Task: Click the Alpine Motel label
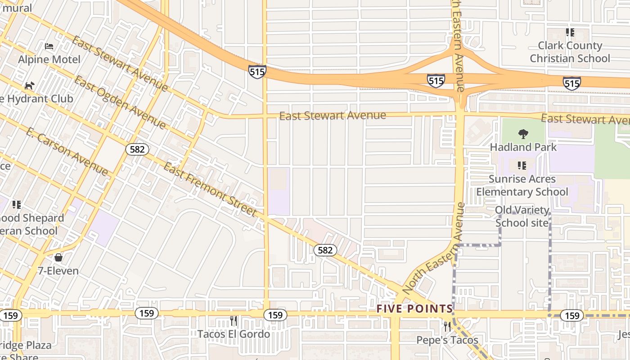click(x=49, y=59)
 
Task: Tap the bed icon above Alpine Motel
click(x=49, y=46)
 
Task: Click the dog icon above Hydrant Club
click(x=30, y=85)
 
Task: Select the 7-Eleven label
click(x=58, y=271)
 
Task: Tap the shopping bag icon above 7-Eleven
click(x=58, y=257)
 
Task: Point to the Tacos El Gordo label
click(x=234, y=334)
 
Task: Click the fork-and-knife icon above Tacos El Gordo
click(x=234, y=321)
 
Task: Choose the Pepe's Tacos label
click(x=447, y=340)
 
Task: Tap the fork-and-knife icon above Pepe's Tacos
click(x=447, y=326)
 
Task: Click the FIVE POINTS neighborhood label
click(x=414, y=309)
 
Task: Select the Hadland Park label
click(x=523, y=147)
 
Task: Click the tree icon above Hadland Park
click(x=523, y=134)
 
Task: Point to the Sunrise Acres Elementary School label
click(x=522, y=185)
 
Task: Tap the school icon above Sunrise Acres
click(x=522, y=166)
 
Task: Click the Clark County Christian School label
click(x=570, y=52)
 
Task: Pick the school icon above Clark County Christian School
click(x=570, y=32)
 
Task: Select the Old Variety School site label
click(x=522, y=216)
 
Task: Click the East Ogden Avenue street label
click(x=120, y=102)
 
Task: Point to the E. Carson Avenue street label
click(x=67, y=152)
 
